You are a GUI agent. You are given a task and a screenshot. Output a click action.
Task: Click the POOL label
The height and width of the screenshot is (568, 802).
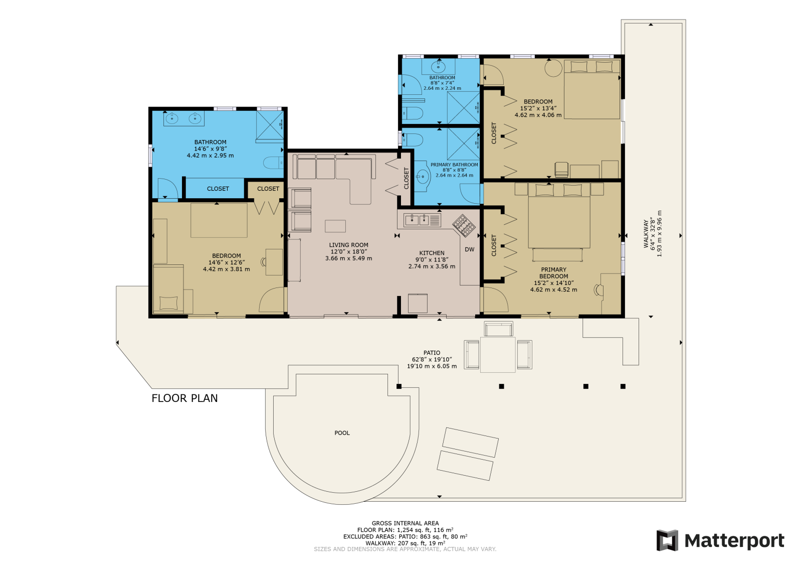pos(342,433)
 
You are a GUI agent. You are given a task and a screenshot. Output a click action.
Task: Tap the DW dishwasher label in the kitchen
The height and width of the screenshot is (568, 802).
pos(469,249)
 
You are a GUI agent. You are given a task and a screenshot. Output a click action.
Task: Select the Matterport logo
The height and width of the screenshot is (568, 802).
pos(720,540)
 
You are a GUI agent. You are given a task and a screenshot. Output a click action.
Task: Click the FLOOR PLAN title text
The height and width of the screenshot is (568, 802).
pos(184,398)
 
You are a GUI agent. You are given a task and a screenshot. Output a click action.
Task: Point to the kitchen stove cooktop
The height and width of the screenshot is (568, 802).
pos(464,225)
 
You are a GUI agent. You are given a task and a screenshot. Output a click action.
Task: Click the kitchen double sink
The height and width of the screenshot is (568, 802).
pos(417,220)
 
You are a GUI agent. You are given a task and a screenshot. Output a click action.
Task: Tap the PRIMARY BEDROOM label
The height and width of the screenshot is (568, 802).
pos(553,273)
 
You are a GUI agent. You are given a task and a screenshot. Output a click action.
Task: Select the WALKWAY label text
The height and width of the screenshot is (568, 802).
pos(646,234)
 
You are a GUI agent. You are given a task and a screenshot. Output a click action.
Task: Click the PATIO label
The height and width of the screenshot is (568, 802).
pos(432,353)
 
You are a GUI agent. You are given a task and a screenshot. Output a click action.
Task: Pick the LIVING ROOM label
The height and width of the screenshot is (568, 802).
pos(348,245)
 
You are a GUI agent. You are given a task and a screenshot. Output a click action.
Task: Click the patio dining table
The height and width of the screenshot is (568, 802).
pos(498,354)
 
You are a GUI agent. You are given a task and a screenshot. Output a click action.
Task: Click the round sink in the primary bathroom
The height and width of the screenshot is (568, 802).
pos(423,177)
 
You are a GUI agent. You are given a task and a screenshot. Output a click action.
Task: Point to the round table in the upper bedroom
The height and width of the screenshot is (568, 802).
pos(553,67)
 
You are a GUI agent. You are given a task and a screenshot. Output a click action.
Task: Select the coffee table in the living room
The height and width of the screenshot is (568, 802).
pos(335,226)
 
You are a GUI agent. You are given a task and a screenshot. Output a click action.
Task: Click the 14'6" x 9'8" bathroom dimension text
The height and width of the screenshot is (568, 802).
pos(211,149)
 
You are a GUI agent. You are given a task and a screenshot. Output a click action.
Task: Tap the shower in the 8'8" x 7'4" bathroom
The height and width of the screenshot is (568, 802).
pos(463,107)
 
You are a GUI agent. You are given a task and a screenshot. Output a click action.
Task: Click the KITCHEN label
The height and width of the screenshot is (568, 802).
pos(432,253)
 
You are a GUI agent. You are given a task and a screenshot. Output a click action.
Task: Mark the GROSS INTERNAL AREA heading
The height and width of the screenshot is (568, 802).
pos(405,523)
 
